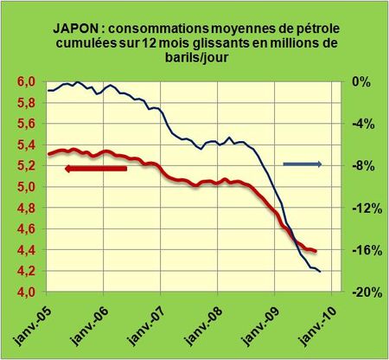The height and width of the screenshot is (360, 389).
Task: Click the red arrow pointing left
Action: pyautogui.click(x=96, y=168)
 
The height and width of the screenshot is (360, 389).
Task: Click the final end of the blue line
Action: pyautogui.click(x=321, y=272)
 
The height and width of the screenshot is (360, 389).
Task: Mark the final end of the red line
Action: pyautogui.click(x=316, y=252)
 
